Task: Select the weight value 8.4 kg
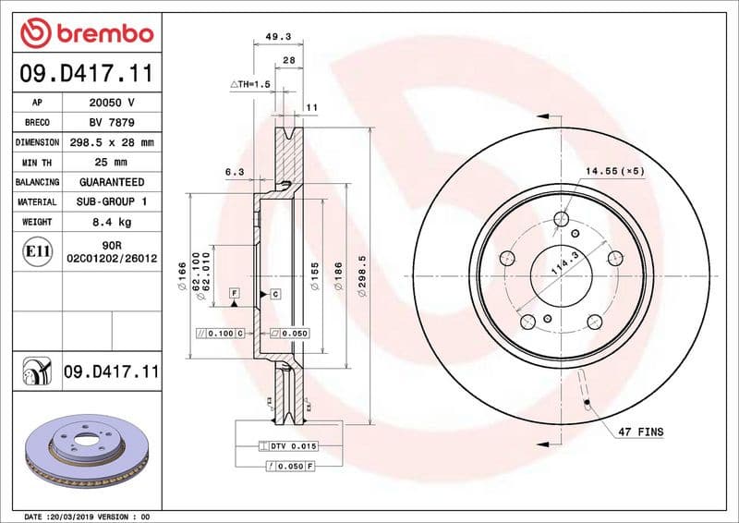[x=111, y=222]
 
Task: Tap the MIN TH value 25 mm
[x=111, y=163]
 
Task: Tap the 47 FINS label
[x=640, y=432]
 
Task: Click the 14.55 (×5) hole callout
[x=613, y=172]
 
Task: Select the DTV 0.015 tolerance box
[x=293, y=446]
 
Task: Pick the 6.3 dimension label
[x=235, y=172]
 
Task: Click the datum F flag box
[x=235, y=294]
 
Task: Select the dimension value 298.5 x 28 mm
[x=111, y=142]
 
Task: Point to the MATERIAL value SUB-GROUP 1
[x=111, y=201]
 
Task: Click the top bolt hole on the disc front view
[x=561, y=219]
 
